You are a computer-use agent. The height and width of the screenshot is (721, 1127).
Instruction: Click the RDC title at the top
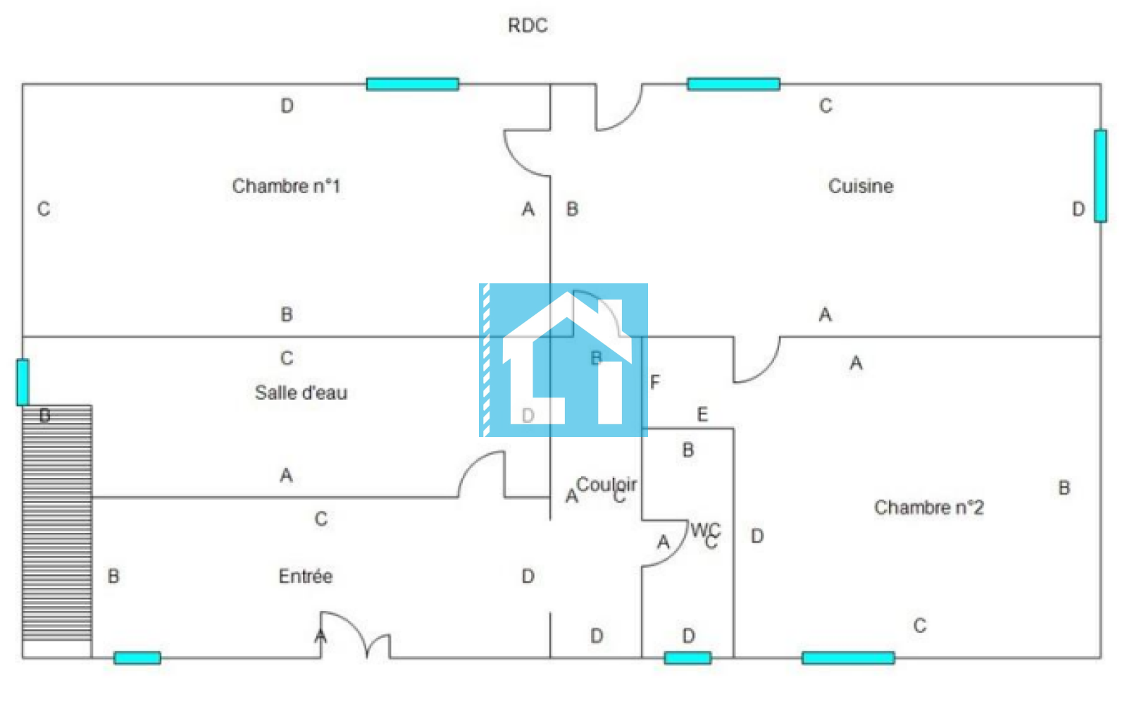pos(528,25)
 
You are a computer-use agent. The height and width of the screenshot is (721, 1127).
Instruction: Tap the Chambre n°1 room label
pos(286,186)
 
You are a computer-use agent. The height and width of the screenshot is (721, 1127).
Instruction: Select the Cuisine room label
pos(860,186)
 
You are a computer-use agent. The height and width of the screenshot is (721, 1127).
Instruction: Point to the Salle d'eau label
pos(301,393)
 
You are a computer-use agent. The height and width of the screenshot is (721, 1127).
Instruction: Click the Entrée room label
pos(305,577)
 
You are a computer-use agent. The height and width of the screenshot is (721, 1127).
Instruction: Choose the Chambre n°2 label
pos(928,507)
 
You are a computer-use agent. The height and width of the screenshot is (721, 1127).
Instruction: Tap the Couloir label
pos(606,485)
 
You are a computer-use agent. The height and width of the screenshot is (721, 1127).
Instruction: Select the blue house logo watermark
pos(563,360)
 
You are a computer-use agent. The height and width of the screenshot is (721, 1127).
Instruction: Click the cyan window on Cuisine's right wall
pos(1100,175)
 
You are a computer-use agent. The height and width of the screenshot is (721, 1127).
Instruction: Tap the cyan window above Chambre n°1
pos(413,85)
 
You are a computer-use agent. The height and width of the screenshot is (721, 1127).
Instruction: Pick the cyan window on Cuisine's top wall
pos(733,85)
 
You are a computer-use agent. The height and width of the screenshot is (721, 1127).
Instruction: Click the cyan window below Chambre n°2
pos(848,658)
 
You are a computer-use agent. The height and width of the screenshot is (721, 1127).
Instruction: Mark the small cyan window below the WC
pos(687,658)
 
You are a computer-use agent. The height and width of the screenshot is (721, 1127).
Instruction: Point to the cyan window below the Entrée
pos(137,658)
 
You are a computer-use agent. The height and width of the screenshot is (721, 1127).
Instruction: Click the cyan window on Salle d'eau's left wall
pos(23,382)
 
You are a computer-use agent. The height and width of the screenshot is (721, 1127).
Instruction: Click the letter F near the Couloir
pos(655,382)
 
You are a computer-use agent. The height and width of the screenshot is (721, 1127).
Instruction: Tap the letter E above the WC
pos(702,414)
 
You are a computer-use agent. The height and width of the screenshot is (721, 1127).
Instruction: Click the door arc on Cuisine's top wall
pos(618,109)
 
